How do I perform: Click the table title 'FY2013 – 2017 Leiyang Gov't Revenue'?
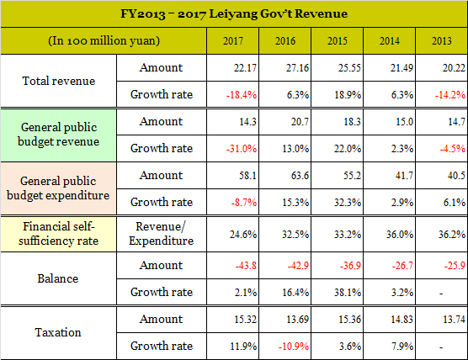pos(234,13)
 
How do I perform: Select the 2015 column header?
pos(338,41)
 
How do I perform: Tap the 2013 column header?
pos(442,41)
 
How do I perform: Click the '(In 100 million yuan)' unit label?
pos(104,41)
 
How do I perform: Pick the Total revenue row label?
pos(59,81)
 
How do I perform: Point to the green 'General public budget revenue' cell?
pos(59,135)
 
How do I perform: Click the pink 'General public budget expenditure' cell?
pos(58,188)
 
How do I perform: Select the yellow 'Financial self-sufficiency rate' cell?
pos(59,234)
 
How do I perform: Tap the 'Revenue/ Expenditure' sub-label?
pos(161,234)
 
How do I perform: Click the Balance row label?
pos(58,278)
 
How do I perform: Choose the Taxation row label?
pos(58,332)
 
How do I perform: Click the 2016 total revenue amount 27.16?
pos(297,67)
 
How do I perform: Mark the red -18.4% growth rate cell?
pos(242,95)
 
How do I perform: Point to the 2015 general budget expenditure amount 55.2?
pos(352,176)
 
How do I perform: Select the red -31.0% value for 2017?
pos(242,149)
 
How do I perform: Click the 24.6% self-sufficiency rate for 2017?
pos(243,235)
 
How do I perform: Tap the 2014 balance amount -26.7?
pos(402,266)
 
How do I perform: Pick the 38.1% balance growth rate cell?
pos(348,293)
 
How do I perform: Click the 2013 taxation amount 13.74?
pos(454,320)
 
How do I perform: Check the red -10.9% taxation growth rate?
pos(294,347)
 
